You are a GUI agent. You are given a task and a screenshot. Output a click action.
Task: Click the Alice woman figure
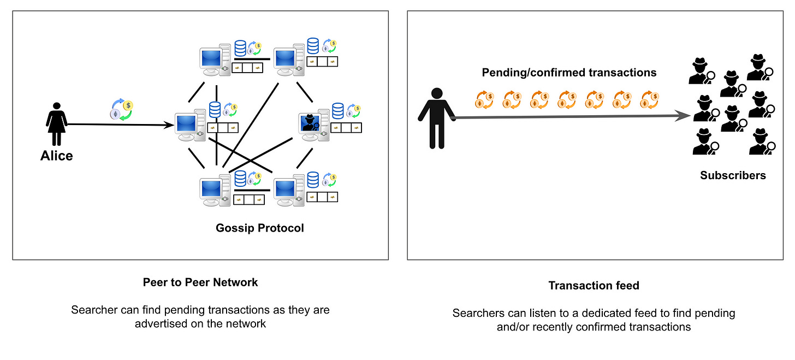click(56, 124)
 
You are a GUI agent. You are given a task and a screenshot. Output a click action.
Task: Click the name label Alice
click(56, 156)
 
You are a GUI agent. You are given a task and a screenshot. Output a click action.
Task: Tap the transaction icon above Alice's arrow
click(121, 109)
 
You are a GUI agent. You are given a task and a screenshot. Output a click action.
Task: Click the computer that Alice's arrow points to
click(190, 126)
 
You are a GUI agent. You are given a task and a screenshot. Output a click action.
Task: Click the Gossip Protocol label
click(260, 228)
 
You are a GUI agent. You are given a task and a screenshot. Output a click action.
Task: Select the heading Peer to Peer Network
click(200, 282)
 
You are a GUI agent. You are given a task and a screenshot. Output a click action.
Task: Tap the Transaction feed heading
click(594, 286)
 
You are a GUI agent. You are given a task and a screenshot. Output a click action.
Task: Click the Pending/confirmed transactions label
click(569, 73)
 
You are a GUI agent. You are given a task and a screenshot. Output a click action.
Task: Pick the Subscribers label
click(733, 175)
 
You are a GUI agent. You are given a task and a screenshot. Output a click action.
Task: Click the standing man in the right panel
click(437, 118)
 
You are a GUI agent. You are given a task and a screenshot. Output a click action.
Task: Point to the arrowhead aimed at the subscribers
click(682, 116)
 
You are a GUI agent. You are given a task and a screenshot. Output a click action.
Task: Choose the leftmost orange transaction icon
click(484, 100)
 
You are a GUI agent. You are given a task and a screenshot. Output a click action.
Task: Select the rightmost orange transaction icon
click(650, 100)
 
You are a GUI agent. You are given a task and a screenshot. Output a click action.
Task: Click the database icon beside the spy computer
click(337, 111)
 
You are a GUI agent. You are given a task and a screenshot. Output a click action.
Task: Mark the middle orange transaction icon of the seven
click(567, 100)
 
